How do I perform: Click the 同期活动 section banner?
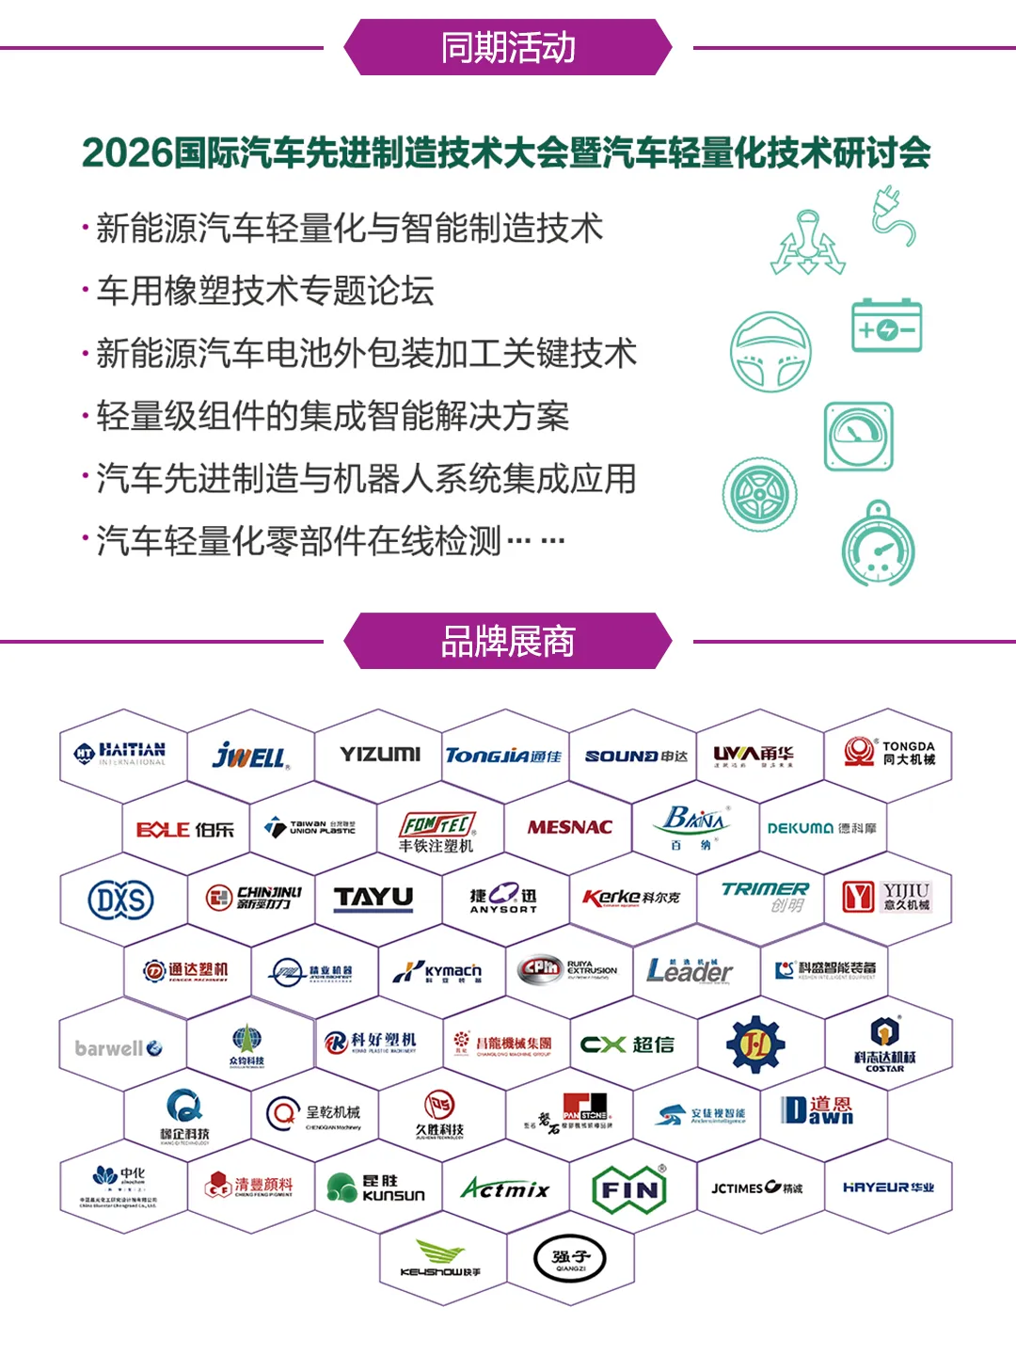(x=508, y=47)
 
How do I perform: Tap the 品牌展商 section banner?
(x=508, y=641)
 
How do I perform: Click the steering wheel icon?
(x=770, y=352)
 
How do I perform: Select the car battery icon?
(x=886, y=327)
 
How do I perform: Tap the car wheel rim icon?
(x=760, y=494)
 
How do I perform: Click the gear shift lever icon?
(x=807, y=244)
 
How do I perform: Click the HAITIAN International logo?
(x=120, y=753)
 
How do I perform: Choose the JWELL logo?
(x=250, y=755)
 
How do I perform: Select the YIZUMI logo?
(x=380, y=754)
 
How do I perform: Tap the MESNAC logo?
(x=569, y=827)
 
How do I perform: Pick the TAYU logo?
(x=374, y=898)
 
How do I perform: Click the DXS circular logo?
(x=121, y=900)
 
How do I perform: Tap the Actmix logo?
(x=505, y=1189)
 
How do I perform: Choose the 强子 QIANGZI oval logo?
(x=570, y=1259)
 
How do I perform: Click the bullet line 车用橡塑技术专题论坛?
(x=265, y=291)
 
